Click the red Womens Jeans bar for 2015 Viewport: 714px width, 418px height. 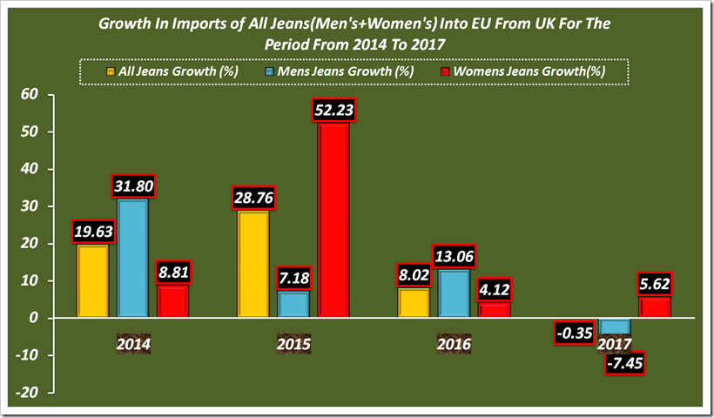(333, 221)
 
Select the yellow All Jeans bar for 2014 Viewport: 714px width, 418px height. (93, 281)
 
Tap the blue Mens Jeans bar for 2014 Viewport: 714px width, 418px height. (132, 260)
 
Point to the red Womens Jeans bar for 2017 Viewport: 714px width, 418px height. (654, 307)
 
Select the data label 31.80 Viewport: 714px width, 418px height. (132, 186)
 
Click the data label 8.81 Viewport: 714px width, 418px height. (172, 272)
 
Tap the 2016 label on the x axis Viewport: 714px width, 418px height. (453, 345)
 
